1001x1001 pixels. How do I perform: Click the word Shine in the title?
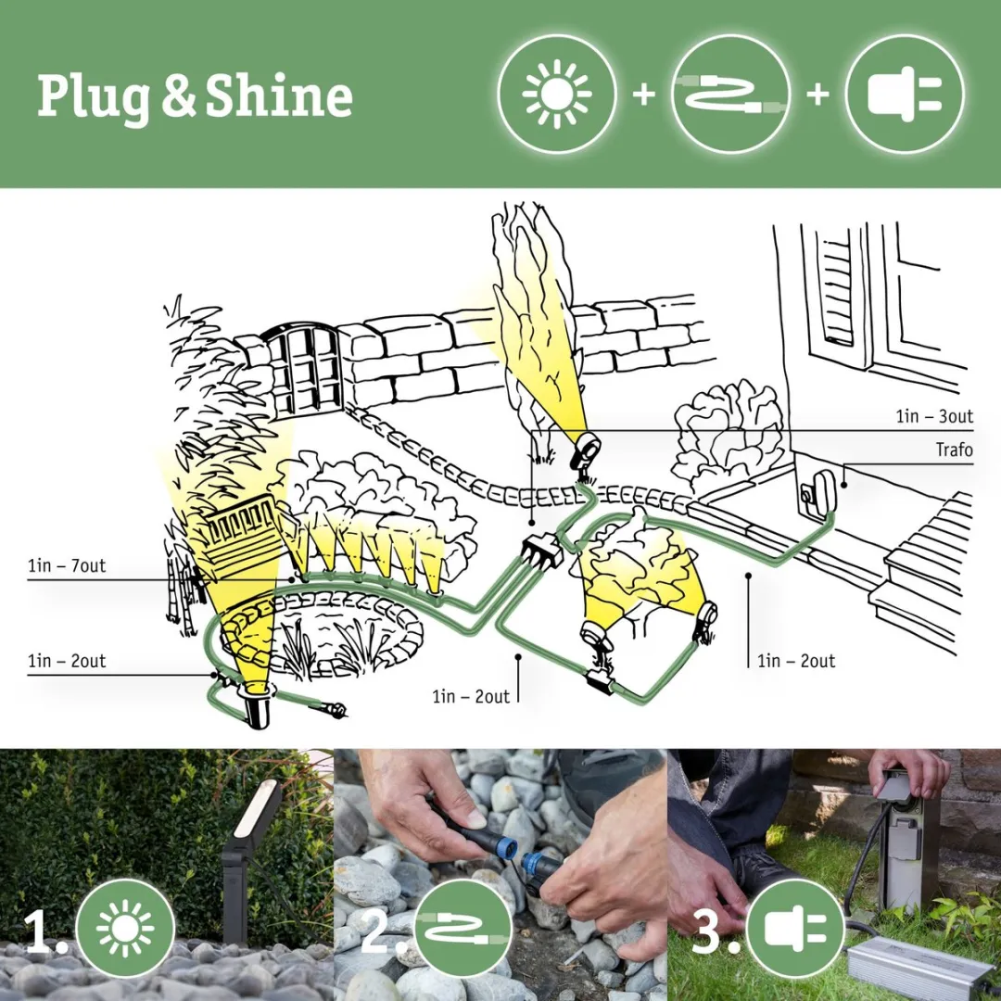point(279,97)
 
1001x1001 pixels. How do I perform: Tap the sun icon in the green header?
point(556,94)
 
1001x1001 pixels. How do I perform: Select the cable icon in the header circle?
point(730,94)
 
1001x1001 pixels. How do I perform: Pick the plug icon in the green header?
point(905,94)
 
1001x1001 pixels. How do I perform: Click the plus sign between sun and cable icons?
point(643,95)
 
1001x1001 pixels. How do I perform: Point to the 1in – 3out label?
point(933,416)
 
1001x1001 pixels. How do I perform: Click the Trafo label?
point(954,450)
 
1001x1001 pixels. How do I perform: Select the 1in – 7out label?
point(67,565)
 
